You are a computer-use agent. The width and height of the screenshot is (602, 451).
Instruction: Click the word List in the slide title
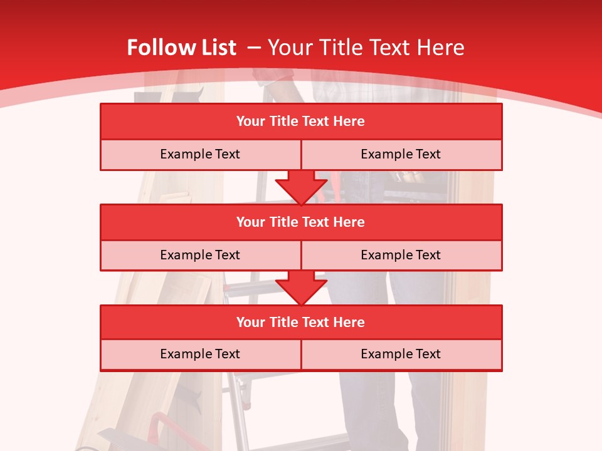215,48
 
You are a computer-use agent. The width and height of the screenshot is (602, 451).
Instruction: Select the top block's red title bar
301,122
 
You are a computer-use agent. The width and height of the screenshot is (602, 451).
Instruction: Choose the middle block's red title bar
301,222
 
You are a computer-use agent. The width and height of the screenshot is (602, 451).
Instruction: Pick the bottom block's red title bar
301,322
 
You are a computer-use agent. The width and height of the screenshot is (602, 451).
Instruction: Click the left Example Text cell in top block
200,154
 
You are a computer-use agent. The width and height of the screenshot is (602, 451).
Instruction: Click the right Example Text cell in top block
401,154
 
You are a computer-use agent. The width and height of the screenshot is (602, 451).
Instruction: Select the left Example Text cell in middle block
200,255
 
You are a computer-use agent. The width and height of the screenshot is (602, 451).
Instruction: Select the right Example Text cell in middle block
401,255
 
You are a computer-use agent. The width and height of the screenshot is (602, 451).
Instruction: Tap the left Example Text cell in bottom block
200,354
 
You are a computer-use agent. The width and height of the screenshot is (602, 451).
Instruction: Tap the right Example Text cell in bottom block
401,354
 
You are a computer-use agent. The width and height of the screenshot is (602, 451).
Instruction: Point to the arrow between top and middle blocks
301,187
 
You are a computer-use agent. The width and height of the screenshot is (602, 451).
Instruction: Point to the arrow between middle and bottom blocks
301,288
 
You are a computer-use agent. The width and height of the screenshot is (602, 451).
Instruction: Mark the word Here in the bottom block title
349,322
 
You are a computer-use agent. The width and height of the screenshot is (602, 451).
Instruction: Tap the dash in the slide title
254,48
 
